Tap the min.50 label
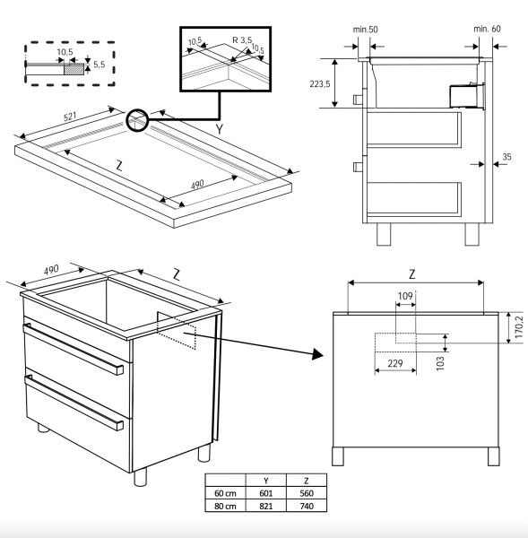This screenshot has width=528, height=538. (365, 30)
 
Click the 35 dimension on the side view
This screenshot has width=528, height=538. (506, 157)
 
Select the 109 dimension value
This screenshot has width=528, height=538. (405, 295)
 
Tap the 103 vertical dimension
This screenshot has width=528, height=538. (440, 361)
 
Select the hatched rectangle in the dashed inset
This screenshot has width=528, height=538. (73, 66)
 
